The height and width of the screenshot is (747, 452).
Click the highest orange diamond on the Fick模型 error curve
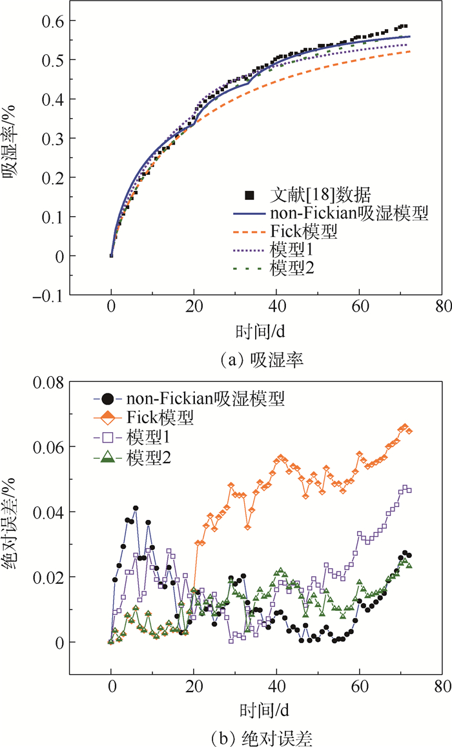click(405, 427)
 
